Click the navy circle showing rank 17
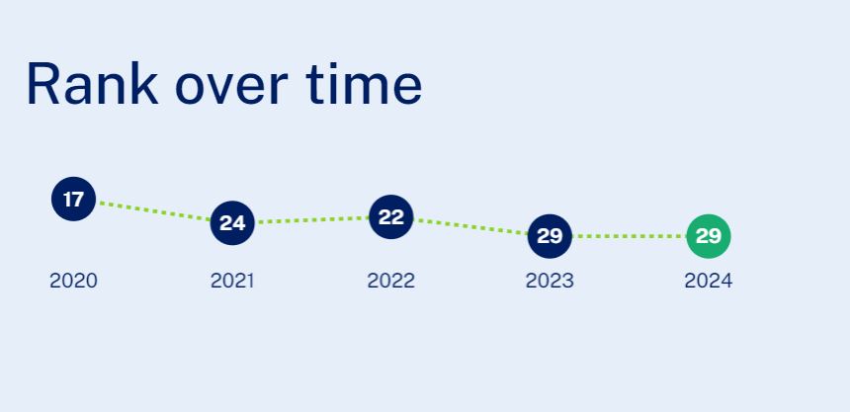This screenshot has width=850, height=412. pos(74,199)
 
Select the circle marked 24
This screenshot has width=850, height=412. pos(232,223)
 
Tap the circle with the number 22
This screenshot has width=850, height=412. pos(390,216)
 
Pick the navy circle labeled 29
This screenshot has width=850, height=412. pos(550,236)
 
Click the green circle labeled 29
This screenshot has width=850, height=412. pos(709,236)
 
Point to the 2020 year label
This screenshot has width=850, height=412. pos(73,281)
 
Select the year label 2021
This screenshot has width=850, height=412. pos(232,281)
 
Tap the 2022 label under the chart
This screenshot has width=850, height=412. pos(390,281)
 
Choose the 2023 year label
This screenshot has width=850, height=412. pos(550,281)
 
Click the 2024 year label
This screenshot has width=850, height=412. pos(709,281)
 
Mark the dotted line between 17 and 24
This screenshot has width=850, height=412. pos(153,210)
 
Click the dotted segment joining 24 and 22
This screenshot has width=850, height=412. pos(311,219)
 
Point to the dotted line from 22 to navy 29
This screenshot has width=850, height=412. pos(470,226)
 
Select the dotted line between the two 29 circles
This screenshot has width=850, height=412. pos(630,236)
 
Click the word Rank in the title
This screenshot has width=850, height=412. pos(92,84)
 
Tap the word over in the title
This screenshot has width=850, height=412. pos(231,88)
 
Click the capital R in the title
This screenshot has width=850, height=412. pos(42,84)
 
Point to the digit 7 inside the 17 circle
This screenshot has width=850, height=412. pos(79,199)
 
